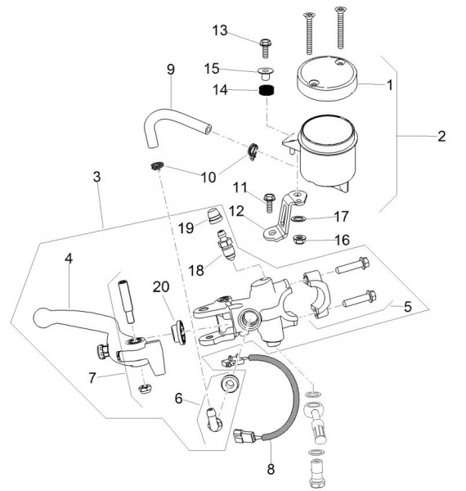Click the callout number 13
(220, 31)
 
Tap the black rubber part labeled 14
(267, 91)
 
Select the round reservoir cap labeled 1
(326, 78)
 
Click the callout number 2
(441, 136)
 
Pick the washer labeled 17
(298, 218)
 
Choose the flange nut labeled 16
(299, 240)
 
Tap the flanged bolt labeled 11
(269, 202)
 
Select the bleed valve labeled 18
(226, 245)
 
